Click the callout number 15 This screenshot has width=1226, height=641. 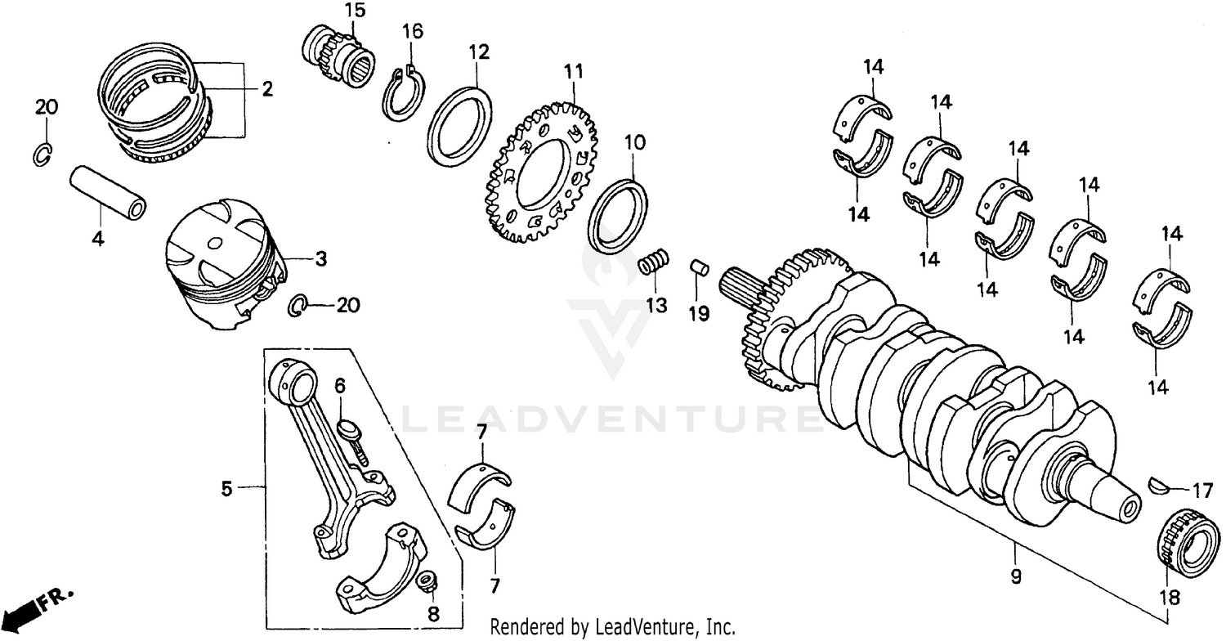pos(355,11)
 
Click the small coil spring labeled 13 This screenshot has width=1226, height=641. pos(654,262)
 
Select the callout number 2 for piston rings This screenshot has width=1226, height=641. pos(266,89)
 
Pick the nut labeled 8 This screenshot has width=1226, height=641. pos(425,583)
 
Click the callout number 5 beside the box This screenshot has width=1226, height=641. pos(226,489)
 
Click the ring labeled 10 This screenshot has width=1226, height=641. pos(619,214)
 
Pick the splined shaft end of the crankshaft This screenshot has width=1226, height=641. pos(741,289)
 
